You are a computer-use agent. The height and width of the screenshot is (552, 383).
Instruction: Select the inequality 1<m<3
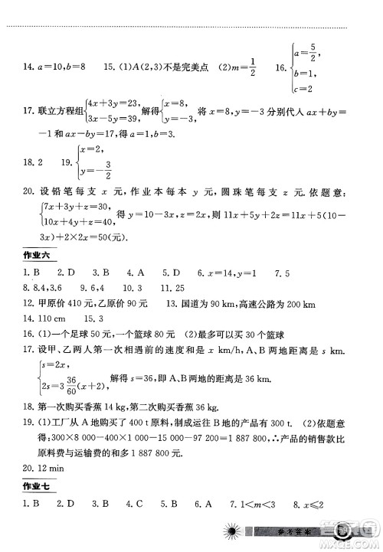tap(264, 504)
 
